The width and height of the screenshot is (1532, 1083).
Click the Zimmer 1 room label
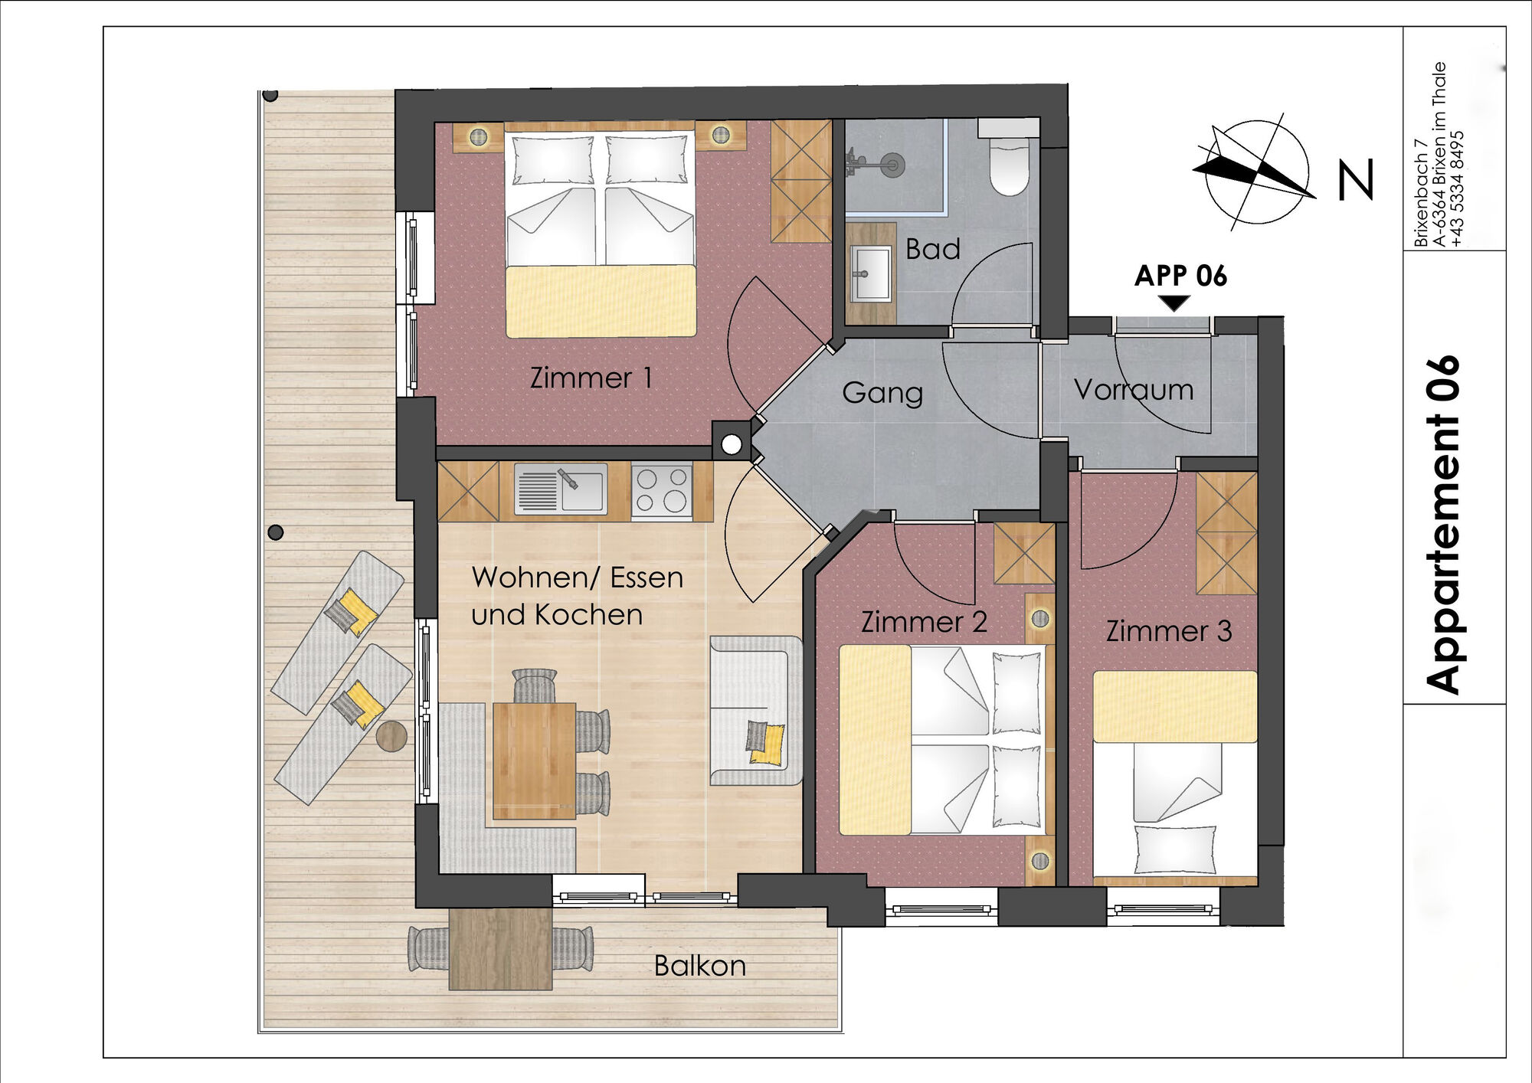[591, 378]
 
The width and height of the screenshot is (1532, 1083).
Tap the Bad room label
[932, 249]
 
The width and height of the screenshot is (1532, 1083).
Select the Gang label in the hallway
[882, 394]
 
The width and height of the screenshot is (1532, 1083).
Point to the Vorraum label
[1134, 390]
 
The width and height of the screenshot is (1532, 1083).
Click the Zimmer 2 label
[924, 622]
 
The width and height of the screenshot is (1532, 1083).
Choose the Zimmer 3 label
[1169, 631]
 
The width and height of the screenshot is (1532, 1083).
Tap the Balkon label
[700, 966]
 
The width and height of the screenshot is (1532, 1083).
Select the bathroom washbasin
[871, 273]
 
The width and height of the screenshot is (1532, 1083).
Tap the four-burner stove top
[662, 490]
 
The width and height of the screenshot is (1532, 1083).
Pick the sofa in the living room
[755, 711]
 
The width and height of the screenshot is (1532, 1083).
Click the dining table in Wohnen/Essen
[534, 761]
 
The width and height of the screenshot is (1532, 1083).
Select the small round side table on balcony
[391, 736]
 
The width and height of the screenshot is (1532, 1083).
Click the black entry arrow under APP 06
[1174, 303]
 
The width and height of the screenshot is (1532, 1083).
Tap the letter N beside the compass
[1355, 180]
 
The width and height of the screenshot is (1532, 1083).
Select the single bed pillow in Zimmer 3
[1175, 849]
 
